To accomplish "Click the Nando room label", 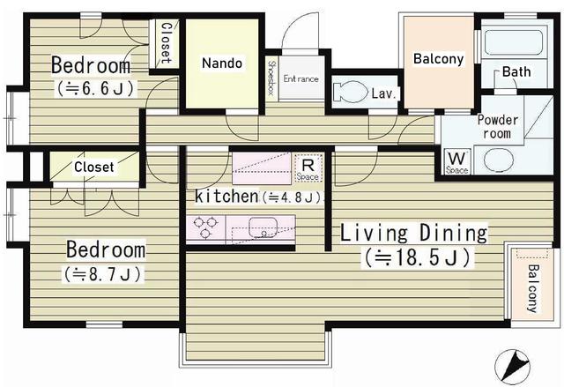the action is (x=222, y=63).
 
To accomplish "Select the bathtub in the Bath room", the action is (x=513, y=42).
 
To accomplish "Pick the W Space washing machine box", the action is (x=457, y=161).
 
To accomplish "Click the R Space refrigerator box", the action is (x=308, y=168).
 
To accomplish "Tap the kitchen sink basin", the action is (x=263, y=227).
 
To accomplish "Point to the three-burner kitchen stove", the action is (x=205, y=227).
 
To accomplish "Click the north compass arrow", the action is (x=512, y=367).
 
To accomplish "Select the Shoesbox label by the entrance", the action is (x=272, y=78).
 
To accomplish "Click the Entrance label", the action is (x=301, y=78).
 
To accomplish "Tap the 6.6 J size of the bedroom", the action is (x=96, y=88).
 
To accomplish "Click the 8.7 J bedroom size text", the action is (x=103, y=274).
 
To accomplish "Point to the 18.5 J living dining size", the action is (x=417, y=257).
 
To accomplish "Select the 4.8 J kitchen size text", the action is (x=292, y=197).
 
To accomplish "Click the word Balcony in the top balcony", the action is (x=439, y=59).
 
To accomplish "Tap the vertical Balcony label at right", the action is (x=532, y=288).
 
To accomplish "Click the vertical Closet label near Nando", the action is (x=166, y=43).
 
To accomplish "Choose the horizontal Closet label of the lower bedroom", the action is (x=94, y=167).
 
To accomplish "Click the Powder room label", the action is (x=497, y=127).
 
